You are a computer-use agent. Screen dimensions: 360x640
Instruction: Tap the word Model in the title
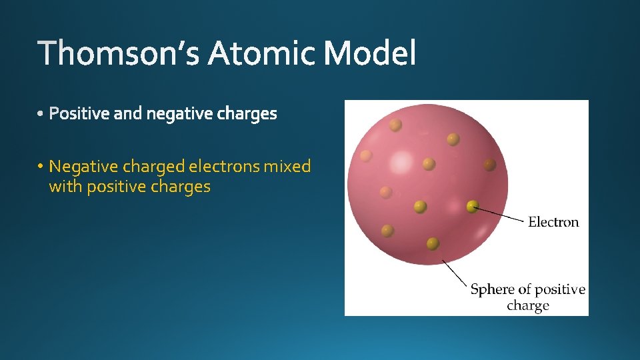click(370, 53)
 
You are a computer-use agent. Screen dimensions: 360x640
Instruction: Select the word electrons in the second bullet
click(225, 166)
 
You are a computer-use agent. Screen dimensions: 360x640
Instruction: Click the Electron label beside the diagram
click(553, 222)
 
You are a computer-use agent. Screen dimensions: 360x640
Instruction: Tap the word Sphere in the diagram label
click(493, 289)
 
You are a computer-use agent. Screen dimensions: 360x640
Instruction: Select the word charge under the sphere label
click(527, 306)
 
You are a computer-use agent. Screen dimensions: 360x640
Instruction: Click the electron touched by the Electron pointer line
click(473, 206)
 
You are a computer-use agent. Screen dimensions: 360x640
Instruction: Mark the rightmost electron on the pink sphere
click(490, 164)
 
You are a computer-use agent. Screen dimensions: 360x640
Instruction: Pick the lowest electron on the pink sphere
click(433, 243)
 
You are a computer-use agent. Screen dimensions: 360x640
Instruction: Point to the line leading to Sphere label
click(455, 273)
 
